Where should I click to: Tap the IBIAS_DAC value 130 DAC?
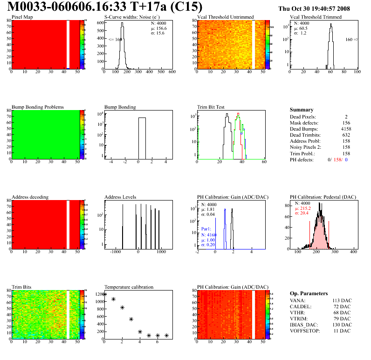pos(343,324)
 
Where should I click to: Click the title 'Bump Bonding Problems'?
pos(38,107)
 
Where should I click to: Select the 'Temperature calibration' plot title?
pos(129,287)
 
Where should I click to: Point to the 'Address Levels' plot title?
pos(121,197)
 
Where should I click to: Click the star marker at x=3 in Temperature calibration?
pos(131,319)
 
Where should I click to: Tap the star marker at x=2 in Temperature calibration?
pos(122,308)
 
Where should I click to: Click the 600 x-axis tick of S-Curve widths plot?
pos(172,72)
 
